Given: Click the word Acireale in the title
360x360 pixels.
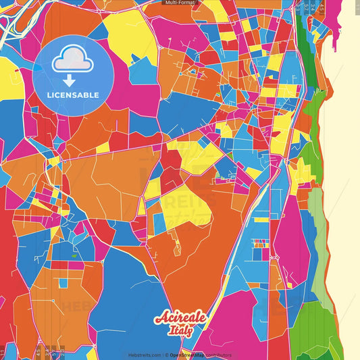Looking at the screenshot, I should tap(180, 317).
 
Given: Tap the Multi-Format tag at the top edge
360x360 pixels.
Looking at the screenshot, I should tap(180, 3).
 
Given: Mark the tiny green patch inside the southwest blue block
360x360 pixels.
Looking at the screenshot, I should tap(73, 257).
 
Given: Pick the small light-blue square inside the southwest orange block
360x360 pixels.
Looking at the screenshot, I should tap(63, 282).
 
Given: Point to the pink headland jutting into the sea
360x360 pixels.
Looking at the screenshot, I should tap(336, 27).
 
